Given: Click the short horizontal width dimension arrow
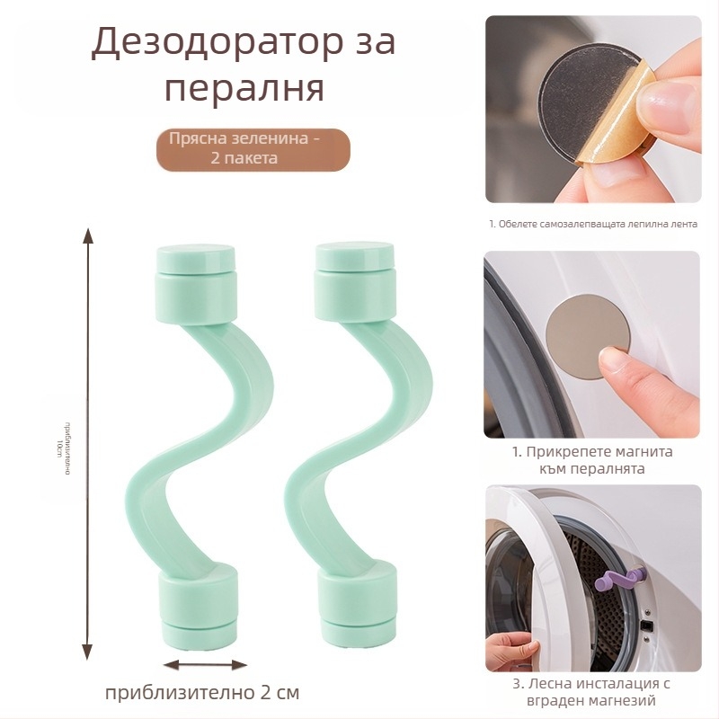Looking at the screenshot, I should (206, 665).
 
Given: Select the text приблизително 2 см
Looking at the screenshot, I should (202, 693).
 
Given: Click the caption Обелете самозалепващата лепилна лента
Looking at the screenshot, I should (593, 224).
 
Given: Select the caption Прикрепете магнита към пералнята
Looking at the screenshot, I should (592, 460).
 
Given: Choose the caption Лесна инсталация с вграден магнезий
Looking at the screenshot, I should (592, 693).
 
